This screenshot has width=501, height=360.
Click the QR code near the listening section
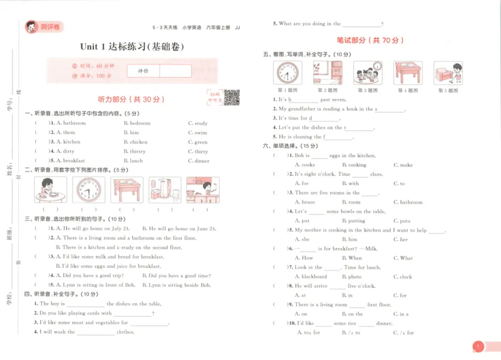click(232, 97)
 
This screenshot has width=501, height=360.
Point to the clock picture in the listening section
click(89, 190)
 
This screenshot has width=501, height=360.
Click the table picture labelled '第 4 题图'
click(408, 73)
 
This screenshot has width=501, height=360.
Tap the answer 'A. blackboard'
click(311, 277)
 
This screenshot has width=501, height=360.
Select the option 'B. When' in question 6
click(351, 258)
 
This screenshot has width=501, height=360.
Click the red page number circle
click(477, 346)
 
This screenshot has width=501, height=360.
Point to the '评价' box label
click(143, 71)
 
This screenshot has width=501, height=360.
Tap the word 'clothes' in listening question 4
click(125, 332)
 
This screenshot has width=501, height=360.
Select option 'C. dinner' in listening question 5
click(199, 161)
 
